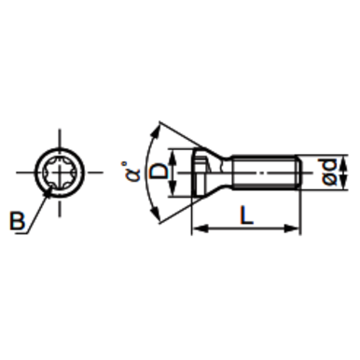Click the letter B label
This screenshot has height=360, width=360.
tap(16, 222)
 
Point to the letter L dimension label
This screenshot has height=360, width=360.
tap(245, 215)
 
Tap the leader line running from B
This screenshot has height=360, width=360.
tap(35, 209)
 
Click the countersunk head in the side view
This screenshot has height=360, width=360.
tap(207, 173)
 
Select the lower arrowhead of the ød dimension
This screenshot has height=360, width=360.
tap(322, 186)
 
